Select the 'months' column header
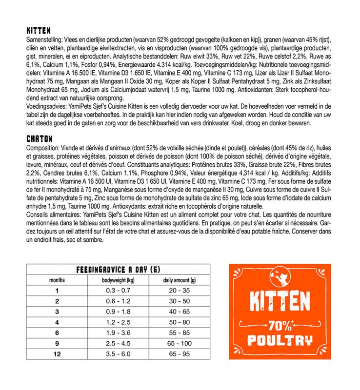point(57,280)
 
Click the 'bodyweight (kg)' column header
point(118,280)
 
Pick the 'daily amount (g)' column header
point(179,280)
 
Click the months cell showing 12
point(57,353)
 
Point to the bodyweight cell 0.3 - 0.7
point(118,290)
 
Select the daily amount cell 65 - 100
point(179,343)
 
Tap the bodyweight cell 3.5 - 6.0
point(118,353)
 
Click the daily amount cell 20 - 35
point(179,290)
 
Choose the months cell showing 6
point(57,332)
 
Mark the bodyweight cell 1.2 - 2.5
point(118,322)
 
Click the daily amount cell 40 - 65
point(179,311)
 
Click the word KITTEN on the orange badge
point(280,302)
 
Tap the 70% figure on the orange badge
point(280,324)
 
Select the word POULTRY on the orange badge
point(280,340)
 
